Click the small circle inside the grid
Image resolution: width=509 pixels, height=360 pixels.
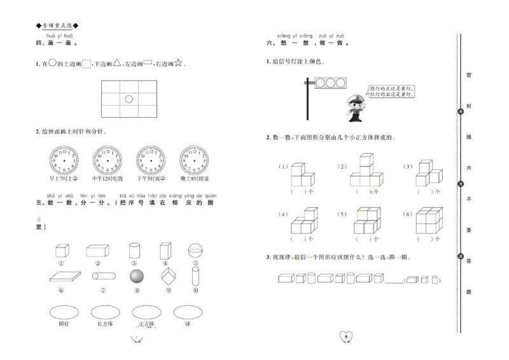click(x=128, y=99)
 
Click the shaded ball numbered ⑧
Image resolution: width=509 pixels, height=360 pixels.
click(x=136, y=276)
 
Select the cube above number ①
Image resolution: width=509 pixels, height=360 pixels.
click(x=62, y=251)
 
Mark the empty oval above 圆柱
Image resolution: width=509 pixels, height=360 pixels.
click(x=62, y=312)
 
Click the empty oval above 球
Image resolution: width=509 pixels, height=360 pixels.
click(x=188, y=312)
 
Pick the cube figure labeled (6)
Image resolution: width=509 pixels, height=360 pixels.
click(x=430, y=221)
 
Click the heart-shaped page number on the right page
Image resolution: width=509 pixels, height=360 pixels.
click(x=345, y=336)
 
